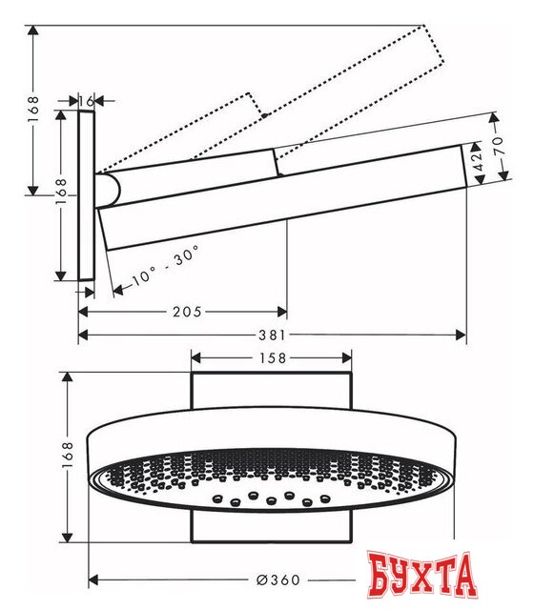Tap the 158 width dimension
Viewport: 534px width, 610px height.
coord(273,358)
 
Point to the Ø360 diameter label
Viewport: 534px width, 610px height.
coord(287,580)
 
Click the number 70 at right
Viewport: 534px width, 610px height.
coord(495,150)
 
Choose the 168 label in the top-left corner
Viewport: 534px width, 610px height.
coord(33,110)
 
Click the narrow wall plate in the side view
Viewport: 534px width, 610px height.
coord(87,195)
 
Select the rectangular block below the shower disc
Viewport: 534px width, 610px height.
coord(273,524)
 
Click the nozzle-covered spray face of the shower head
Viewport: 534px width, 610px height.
coord(272,481)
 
